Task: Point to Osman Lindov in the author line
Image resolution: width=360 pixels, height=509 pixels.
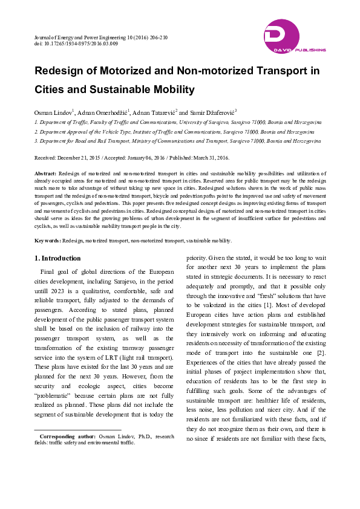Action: pyautogui.click(x=53, y=112)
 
